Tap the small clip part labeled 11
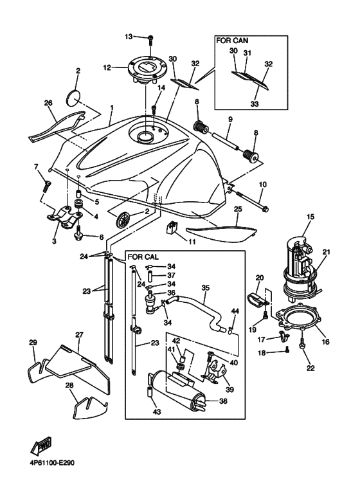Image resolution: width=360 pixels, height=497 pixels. pyautogui.click(x=172, y=228)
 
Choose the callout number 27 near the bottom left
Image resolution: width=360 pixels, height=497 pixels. pyautogui.click(x=80, y=334)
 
